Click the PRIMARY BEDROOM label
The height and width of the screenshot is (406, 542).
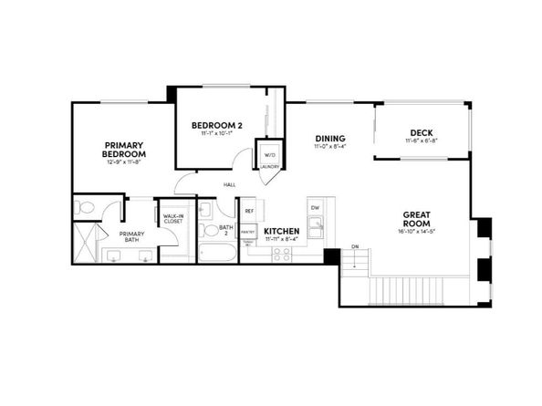coord(124,150)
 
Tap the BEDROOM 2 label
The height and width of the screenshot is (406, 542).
coord(216,124)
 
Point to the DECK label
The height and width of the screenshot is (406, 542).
coord(422,130)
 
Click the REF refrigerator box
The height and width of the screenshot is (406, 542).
coord(248,211)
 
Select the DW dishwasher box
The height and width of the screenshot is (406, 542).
coord(315,207)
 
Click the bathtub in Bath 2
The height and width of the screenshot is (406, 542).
coord(216,250)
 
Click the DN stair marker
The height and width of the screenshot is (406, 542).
coord(355,246)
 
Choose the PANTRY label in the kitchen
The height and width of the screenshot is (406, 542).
coord(247,233)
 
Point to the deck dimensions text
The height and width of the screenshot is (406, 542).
coord(422,141)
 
